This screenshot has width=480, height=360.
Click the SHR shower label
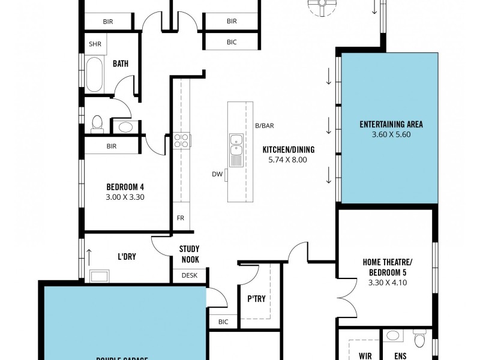(x=95, y=44)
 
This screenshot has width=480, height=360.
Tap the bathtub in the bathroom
(x=95, y=74)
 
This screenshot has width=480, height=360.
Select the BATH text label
(x=121, y=64)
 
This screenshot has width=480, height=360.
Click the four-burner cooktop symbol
(x=182, y=140)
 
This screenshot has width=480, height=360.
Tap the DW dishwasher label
(x=217, y=175)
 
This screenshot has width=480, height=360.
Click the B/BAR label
(x=264, y=125)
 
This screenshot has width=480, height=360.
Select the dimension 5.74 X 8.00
(x=288, y=160)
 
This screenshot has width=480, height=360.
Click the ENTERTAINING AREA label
(x=391, y=125)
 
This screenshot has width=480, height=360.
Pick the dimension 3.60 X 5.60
(x=391, y=135)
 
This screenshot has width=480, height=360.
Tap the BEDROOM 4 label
(x=125, y=186)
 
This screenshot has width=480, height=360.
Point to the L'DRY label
(x=127, y=257)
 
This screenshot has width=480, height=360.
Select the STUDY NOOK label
(x=189, y=254)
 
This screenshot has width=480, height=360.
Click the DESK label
(x=189, y=275)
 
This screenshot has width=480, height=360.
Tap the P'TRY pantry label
(x=256, y=299)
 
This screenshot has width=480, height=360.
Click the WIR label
(x=365, y=356)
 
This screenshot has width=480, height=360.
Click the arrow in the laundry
(x=89, y=256)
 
